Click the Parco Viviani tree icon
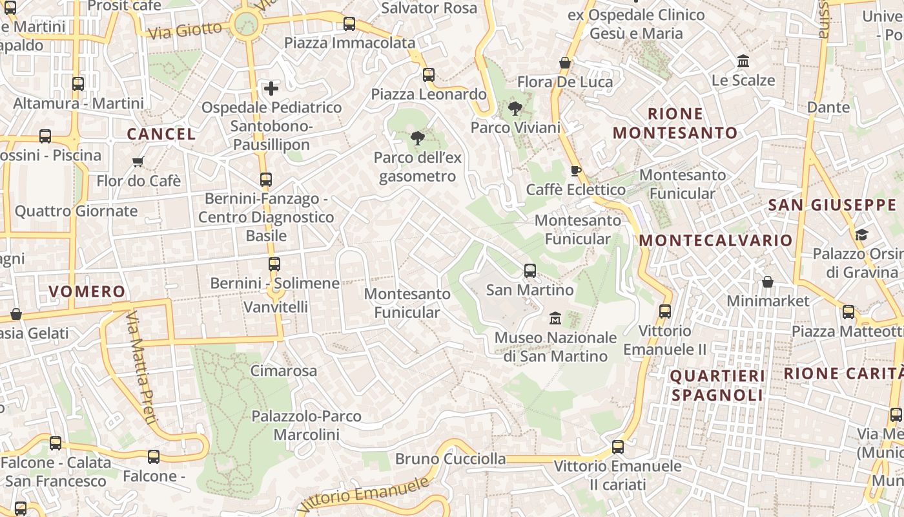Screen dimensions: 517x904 tap(515, 109)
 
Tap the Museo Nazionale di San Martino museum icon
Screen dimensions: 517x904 tap(555, 319)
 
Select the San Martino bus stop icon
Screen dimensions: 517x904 tap(530, 271)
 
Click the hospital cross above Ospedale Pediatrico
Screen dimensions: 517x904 tap(271, 88)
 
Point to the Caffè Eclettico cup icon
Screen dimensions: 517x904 tap(575, 171)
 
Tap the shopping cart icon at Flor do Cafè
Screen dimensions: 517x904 tap(138, 162)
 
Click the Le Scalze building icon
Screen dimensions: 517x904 tap(743, 61)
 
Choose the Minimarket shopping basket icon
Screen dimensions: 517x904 tap(768, 282)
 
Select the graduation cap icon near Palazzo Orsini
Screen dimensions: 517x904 tap(861, 235)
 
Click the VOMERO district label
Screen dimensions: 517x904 tap(87, 291)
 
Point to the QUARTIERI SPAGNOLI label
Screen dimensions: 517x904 tap(717, 385)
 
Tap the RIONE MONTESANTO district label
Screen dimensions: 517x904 tap(675, 123)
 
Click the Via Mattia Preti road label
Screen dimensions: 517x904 tap(141, 368)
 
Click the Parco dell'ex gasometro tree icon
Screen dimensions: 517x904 tap(417, 138)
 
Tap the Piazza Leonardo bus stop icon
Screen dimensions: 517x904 tap(429, 75)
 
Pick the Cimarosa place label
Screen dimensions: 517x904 tap(283, 371)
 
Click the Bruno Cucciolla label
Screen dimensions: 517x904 tap(450, 459)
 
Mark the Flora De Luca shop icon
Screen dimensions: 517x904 tap(565, 63)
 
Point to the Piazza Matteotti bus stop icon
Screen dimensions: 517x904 tap(848, 312)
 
